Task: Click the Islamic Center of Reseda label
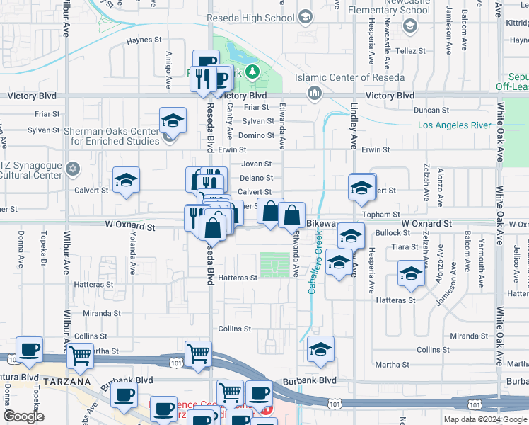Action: coord(361,77)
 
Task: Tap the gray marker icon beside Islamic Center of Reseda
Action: coord(314,92)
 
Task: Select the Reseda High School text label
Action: coord(260,17)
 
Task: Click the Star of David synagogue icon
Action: coord(71,169)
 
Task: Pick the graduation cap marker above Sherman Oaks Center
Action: coord(172,121)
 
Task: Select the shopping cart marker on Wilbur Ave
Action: coord(81,356)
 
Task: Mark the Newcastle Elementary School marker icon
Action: coord(409,26)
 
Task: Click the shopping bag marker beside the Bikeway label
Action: coord(291,215)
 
